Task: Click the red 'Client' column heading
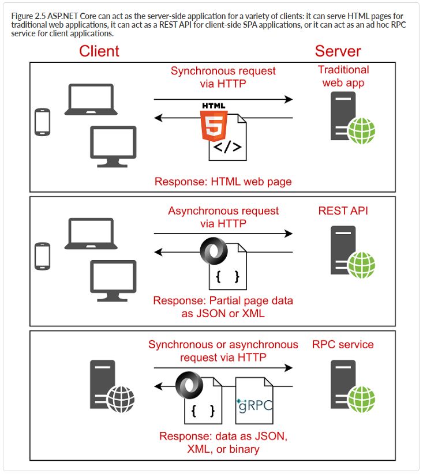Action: point(99,51)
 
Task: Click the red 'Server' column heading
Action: point(338,51)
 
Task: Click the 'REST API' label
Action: point(343,211)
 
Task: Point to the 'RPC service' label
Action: point(343,345)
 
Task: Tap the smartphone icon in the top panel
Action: point(42,122)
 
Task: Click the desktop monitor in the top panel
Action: point(113,145)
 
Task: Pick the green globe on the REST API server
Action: point(362,263)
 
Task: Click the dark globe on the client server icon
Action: point(121,397)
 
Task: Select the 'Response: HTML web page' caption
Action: point(223,182)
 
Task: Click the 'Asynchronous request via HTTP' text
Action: point(223,217)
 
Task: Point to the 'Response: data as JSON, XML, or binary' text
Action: point(223,442)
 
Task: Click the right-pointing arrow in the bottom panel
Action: point(223,367)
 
